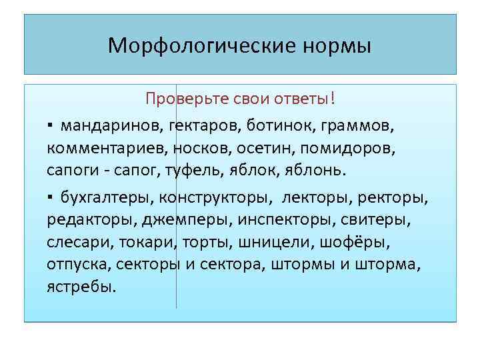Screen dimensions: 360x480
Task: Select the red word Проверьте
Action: coord(179,99)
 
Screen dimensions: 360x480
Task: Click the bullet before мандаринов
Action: coord(50,125)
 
